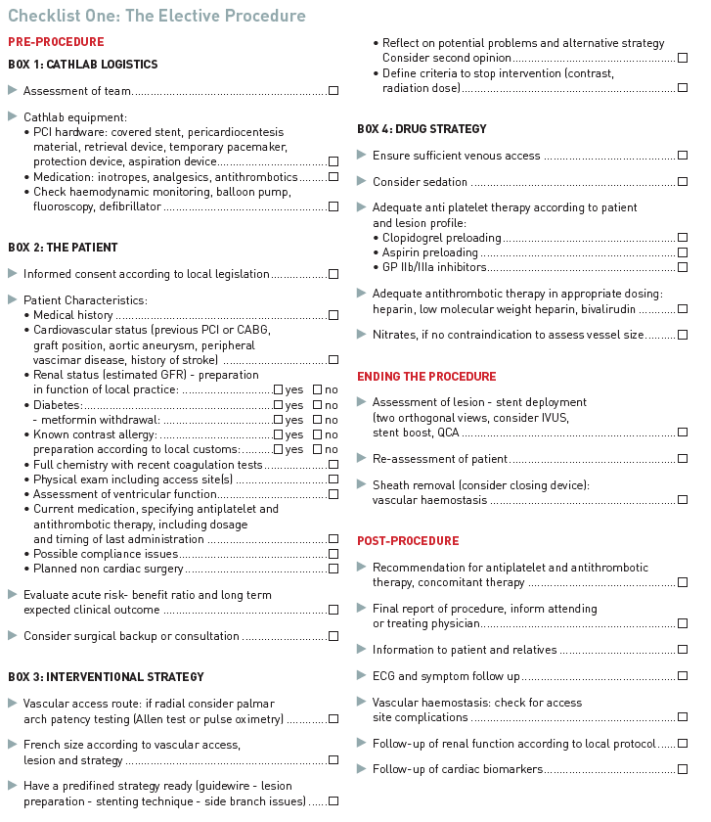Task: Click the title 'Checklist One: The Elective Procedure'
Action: coord(156,16)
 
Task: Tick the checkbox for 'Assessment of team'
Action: coord(333,91)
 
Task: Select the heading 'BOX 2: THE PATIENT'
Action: coord(63,248)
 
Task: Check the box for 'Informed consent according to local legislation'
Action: coord(333,275)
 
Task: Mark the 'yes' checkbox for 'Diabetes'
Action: coord(279,405)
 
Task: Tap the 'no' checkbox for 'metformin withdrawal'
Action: coord(318,420)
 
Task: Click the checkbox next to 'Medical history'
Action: coord(333,315)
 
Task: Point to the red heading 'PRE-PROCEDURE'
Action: coord(56,42)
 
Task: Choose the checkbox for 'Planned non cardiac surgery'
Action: coord(333,569)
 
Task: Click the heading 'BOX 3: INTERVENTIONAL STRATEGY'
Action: coord(106,676)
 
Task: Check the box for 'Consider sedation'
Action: coord(683,182)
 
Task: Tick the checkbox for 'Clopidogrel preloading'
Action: coord(683,238)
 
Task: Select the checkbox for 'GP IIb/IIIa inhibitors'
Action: coord(683,267)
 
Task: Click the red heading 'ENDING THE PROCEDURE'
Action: coord(426,377)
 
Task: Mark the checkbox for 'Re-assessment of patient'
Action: coord(683,458)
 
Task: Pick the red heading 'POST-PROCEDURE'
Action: coord(408,541)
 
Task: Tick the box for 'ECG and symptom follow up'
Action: coord(683,676)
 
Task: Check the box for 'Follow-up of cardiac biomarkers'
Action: coord(683,769)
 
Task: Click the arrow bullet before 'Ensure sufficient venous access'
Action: coord(363,155)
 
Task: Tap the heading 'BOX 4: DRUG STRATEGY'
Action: coord(422,129)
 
